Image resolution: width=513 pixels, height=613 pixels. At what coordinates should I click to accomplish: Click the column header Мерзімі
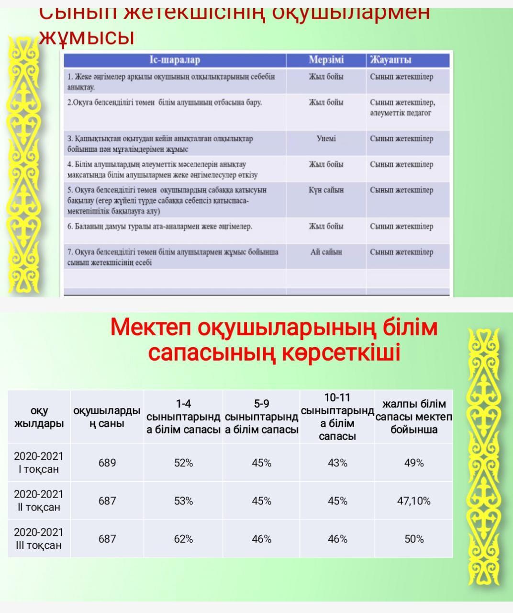point(326,60)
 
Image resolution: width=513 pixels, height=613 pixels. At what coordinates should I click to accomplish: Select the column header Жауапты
point(390,60)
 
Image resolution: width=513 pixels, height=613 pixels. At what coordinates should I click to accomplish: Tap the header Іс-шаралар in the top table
point(175,60)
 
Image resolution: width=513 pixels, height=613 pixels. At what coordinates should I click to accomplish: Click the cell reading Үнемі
point(326,138)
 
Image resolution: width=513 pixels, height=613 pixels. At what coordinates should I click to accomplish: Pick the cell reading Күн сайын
point(326,190)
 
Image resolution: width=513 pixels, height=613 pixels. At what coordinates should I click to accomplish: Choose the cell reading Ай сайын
point(326,252)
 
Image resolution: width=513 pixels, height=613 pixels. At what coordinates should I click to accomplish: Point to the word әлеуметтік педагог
point(401,113)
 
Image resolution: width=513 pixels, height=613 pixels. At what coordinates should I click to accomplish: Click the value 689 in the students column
point(107,463)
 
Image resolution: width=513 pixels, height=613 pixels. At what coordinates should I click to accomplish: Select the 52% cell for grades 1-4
point(183,463)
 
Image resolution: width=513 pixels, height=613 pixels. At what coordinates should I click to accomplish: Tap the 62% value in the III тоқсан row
point(183,539)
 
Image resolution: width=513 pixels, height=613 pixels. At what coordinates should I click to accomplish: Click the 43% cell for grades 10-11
point(337,463)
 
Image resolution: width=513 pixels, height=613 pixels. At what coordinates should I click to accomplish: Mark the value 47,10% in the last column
point(413,501)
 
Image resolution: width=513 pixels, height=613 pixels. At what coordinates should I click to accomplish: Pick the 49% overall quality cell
point(413,463)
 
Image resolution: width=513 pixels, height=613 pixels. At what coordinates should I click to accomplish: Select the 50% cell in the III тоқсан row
point(413,539)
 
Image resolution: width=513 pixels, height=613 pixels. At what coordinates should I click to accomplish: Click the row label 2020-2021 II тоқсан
point(39,500)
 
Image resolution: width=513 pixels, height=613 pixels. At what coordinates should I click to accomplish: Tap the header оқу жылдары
point(39,417)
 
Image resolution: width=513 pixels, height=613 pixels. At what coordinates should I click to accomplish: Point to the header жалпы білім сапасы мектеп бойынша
point(413,417)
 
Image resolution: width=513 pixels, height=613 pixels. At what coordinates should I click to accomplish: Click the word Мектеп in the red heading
point(151,328)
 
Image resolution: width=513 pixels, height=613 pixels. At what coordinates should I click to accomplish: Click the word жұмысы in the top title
point(87,37)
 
